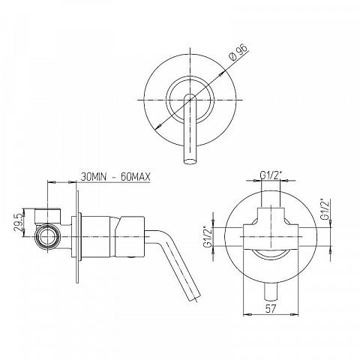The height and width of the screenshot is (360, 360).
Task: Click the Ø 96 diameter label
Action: [238, 52]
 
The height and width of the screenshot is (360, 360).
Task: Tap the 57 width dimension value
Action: [271, 309]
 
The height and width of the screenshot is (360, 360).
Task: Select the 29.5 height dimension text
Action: [19, 222]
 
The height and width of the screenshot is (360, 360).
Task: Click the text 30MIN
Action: [94, 177]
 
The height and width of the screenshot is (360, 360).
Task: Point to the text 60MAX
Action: [135, 177]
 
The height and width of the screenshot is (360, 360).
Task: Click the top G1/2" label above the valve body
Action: [271, 175]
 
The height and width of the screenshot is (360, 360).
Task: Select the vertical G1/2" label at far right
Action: [325, 209]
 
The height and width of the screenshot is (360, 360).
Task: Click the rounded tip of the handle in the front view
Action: [190, 160]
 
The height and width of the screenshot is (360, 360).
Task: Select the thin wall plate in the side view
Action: [77, 237]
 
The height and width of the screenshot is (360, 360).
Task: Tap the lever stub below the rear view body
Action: [271, 292]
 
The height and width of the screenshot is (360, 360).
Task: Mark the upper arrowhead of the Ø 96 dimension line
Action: [221, 73]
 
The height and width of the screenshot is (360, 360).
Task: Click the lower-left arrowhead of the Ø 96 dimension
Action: [157, 127]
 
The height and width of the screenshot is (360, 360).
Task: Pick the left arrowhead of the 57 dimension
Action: [247, 314]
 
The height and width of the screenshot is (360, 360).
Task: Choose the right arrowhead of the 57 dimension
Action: [295, 314]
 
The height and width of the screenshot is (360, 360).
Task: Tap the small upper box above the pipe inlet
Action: [47, 215]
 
